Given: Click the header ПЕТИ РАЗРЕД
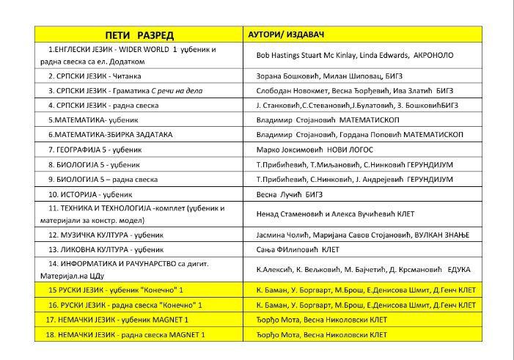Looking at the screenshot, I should point(139,35).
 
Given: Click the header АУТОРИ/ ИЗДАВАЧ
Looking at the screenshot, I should point(287,35).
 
